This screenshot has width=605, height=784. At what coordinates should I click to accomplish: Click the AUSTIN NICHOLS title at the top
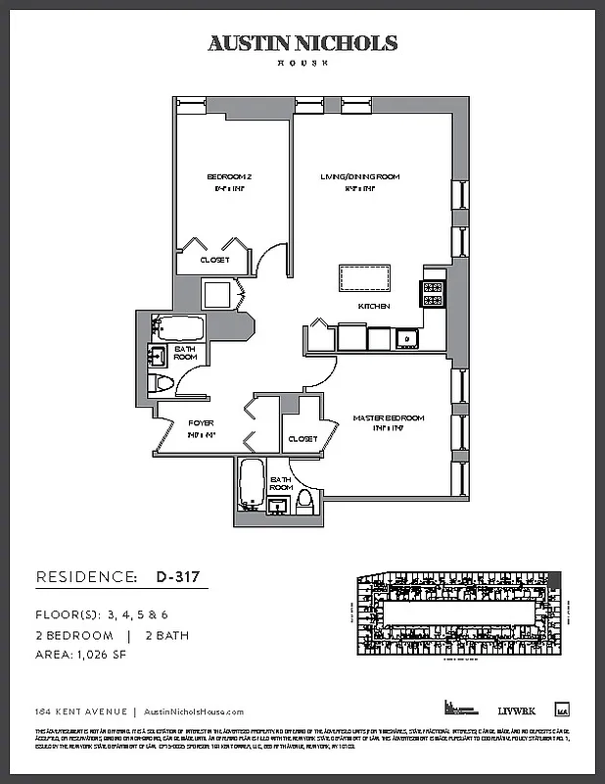[x=302, y=43]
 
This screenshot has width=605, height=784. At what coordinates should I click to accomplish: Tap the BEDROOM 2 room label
[x=230, y=176]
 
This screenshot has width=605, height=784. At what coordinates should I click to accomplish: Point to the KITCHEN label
[x=374, y=307]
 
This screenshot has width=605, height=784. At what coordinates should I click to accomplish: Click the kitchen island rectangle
[x=364, y=277]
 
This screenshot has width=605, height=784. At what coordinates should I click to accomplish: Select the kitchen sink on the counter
[x=405, y=340]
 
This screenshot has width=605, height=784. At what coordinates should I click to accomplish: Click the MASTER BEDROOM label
[x=389, y=418]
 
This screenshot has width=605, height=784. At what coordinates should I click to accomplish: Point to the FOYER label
[x=201, y=423]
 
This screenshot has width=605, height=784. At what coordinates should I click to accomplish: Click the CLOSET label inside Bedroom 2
[x=214, y=260]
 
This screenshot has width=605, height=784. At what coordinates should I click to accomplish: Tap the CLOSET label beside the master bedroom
[x=302, y=438]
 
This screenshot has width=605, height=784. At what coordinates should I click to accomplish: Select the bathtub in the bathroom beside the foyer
[x=177, y=327]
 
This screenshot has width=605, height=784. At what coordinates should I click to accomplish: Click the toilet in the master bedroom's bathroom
[x=304, y=501]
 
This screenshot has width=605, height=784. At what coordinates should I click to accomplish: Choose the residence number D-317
[x=177, y=577]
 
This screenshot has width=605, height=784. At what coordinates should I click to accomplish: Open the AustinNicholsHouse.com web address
[x=194, y=712]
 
